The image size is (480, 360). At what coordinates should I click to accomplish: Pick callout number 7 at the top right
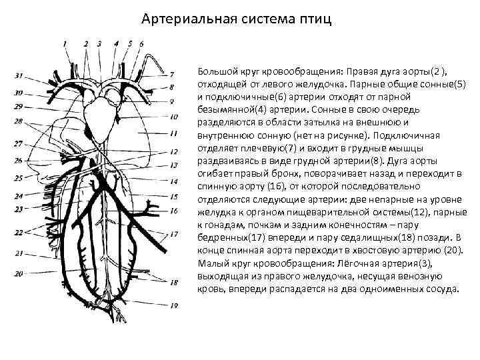pyautogui.click(x=172, y=73)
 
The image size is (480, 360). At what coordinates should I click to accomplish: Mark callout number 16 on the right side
pyautogui.click(x=173, y=211)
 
